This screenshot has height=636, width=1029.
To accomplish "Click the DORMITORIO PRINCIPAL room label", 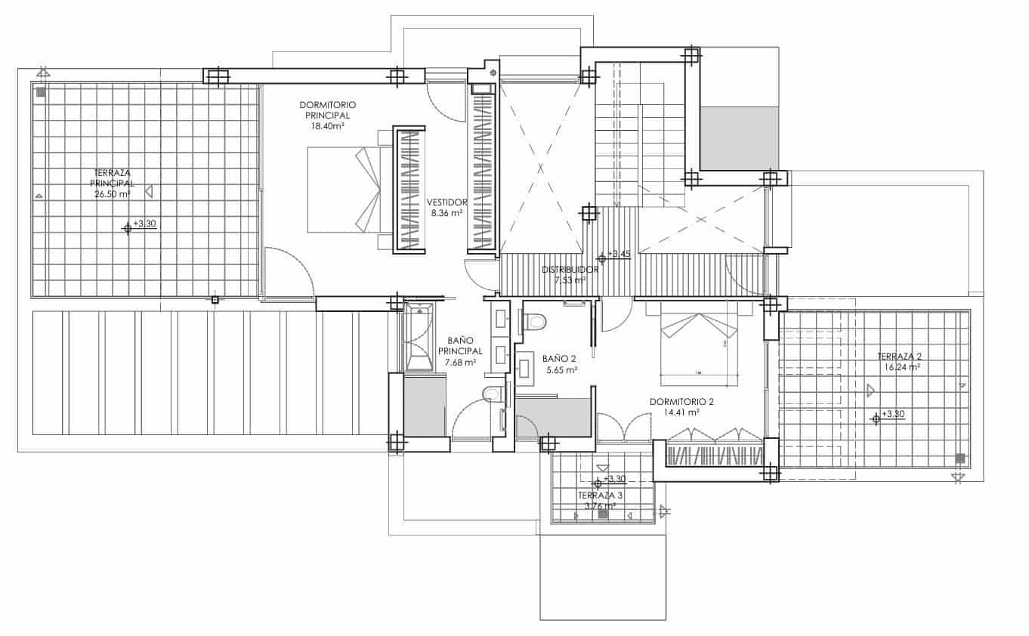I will pyautogui.click(x=327, y=110).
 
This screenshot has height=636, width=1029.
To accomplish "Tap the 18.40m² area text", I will pyautogui.click(x=327, y=127).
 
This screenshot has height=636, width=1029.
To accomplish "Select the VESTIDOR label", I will pyautogui.click(x=447, y=202).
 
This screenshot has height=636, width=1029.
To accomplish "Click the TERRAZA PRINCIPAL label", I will pyautogui.click(x=112, y=178).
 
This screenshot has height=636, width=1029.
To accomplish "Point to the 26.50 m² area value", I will pyautogui.click(x=112, y=194).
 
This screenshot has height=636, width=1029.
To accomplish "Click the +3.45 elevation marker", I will pyautogui.click(x=618, y=254).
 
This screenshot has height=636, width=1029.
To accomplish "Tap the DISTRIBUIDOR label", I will pyautogui.click(x=570, y=269).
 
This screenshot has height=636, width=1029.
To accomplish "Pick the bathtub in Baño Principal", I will pyautogui.click(x=419, y=338).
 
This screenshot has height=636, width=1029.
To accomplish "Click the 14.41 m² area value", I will pyautogui.click(x=681, y=413).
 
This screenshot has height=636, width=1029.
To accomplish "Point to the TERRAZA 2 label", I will pyautogui.click(x=899, y=357).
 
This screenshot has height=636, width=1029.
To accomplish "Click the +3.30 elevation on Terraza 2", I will pyautogui.click(x=892, y=414).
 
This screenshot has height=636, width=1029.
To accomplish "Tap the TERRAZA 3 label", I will pyautogui.click(x=601, y=496).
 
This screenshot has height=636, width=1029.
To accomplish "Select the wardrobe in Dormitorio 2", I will pyautogui.click(x=714, y=455).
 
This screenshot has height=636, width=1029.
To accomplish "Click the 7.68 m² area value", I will pyautogui.click(x=460, y=363).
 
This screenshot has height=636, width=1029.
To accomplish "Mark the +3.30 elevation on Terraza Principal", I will pyautogui.click(x=144, y=224).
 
